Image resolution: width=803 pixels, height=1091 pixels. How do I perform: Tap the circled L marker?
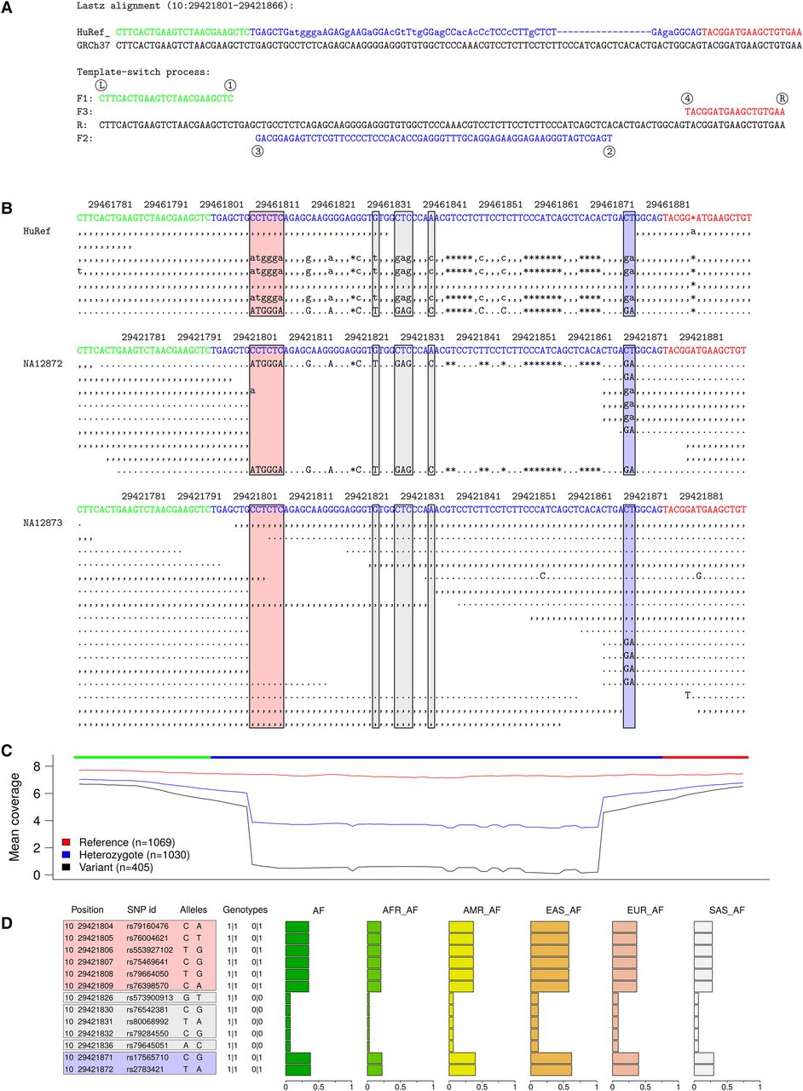click(x=101, y=85)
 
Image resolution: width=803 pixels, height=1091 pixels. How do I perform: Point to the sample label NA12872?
click(x=42, y=363)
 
